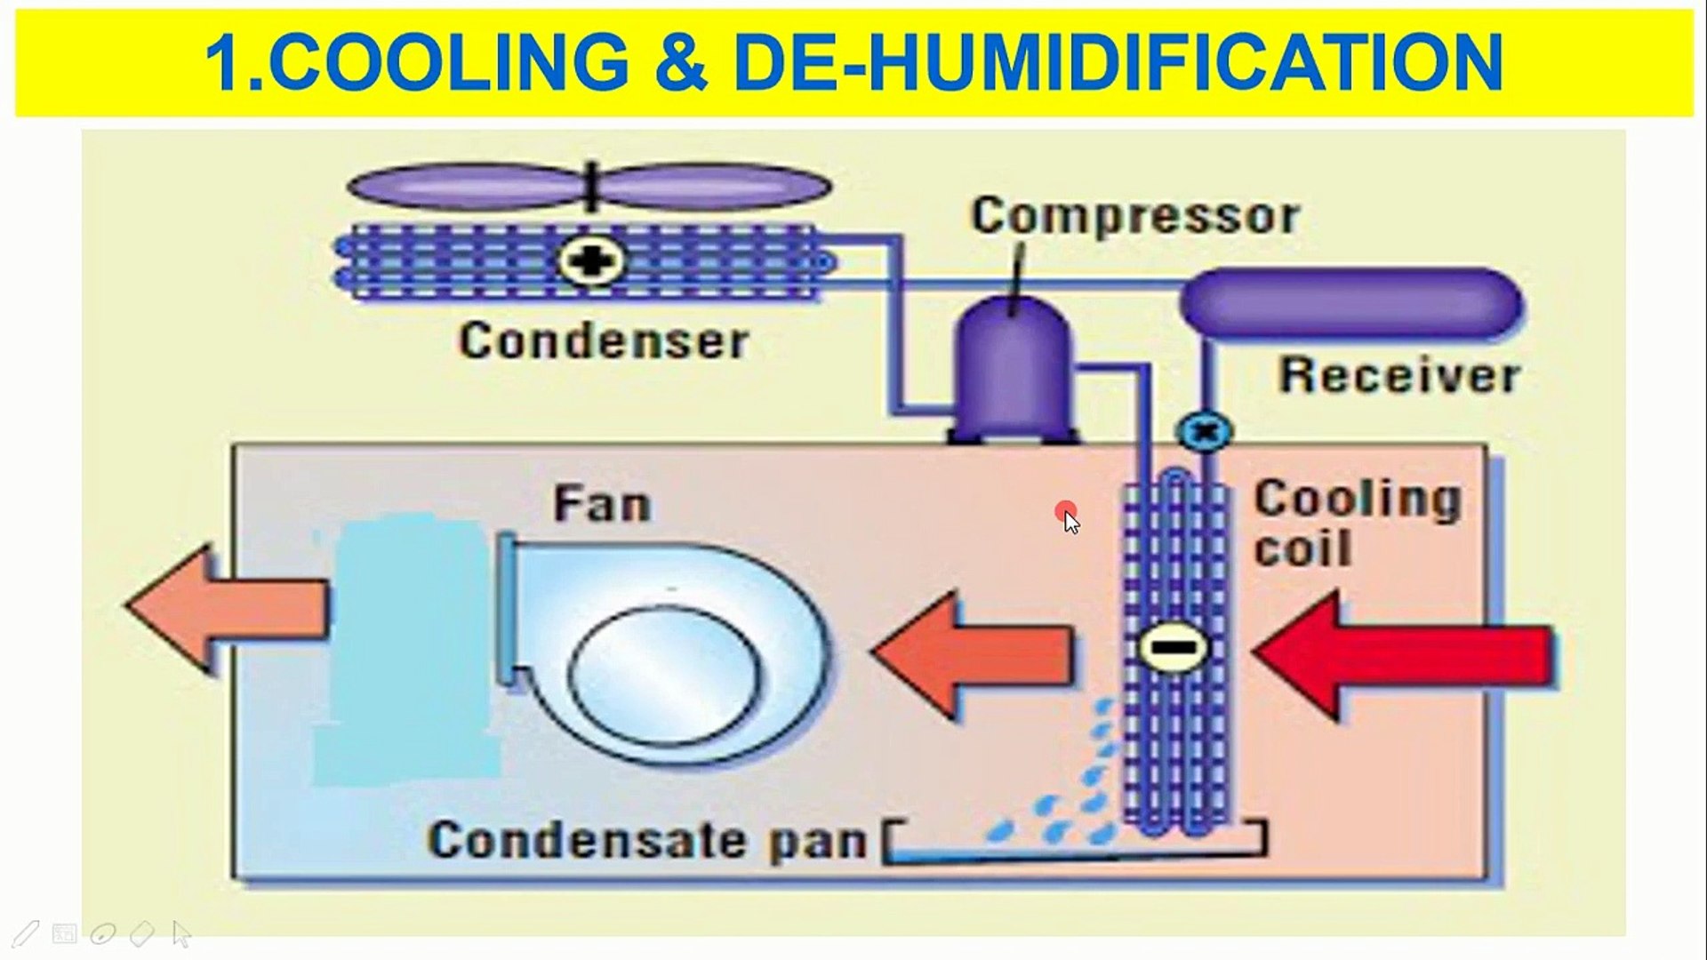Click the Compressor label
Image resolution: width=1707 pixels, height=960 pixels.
[1135, 216]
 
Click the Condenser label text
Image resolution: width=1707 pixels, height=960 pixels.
[604, 340]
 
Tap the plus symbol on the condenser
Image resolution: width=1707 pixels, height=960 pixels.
[591, 261]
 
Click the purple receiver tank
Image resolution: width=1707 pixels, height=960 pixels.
[1351, 302]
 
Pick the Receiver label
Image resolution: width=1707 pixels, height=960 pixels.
[1398, 374]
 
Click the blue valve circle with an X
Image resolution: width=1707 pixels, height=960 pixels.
[1205, 432]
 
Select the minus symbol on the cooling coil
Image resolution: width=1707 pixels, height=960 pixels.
[1174, 648]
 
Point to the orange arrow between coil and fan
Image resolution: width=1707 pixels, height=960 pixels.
[974, 653]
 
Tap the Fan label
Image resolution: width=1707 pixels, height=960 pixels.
[602, 504]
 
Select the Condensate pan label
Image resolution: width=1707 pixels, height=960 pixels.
[646, 838]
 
